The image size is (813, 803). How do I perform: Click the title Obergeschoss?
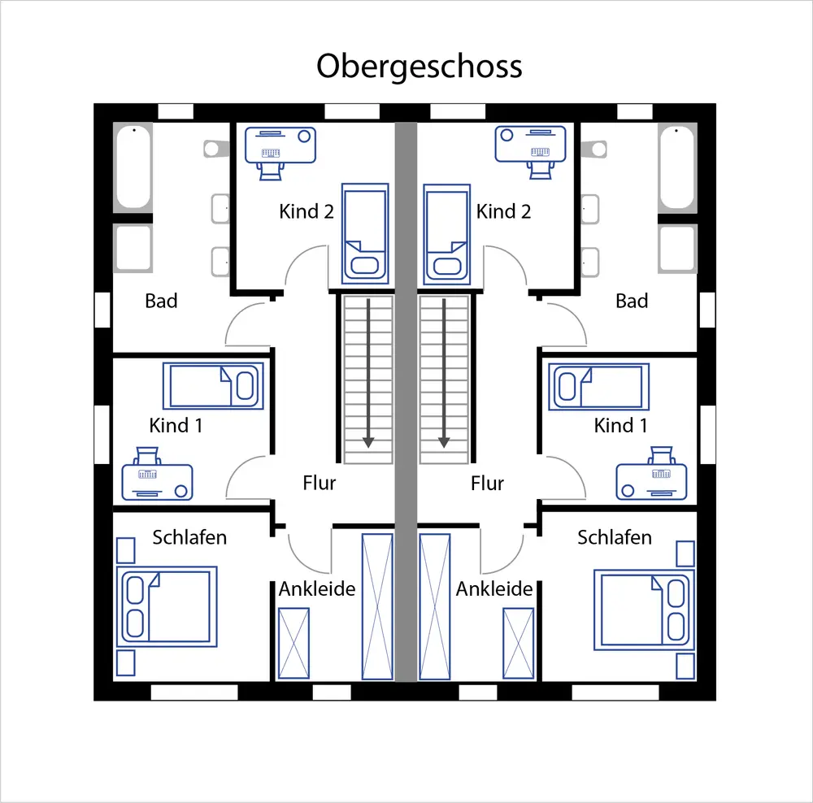419,66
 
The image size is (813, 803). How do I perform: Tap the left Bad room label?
161,301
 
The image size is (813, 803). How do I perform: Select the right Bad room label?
632,301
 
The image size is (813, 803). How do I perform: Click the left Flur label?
319,483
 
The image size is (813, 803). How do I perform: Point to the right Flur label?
487,483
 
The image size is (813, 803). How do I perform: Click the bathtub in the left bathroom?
133,167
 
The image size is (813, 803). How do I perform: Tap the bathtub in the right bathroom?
677,167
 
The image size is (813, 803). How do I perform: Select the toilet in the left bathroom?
214,148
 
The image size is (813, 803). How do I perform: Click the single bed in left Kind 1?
214,385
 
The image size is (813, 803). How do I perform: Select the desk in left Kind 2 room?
280,145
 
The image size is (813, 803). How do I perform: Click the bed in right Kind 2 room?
446,232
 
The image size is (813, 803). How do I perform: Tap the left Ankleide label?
317,588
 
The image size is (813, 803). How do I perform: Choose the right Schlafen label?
615,537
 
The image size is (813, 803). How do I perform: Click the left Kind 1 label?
176,425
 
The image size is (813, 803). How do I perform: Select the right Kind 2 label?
504,211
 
